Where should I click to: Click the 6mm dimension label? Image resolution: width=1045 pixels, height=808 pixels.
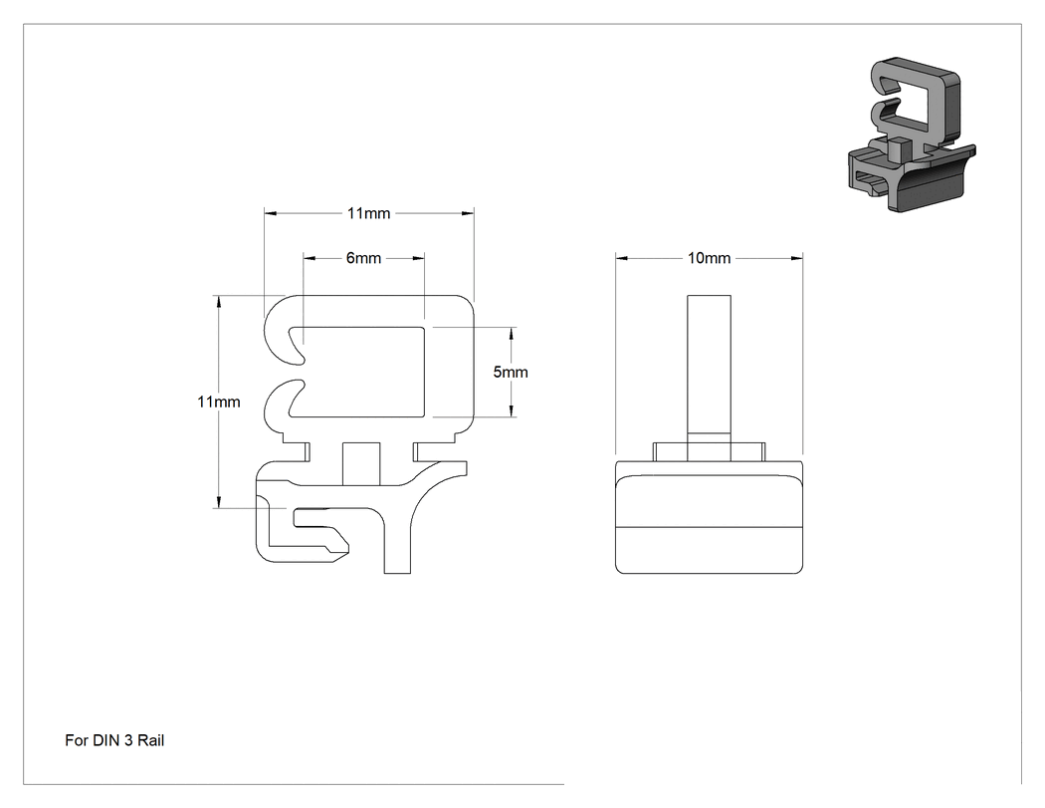click(363, 258)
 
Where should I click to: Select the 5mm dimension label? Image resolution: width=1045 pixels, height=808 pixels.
click(511, 373)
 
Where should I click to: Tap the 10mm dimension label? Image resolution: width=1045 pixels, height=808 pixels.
click(709, 258)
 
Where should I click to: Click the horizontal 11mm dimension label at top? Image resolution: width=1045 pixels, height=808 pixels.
click(368, 213)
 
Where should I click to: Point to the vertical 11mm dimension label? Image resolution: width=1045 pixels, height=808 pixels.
click(219, 402)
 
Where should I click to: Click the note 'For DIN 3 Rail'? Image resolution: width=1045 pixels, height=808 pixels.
click(114, 740)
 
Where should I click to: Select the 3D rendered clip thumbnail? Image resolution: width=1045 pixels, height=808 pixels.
click(912, 135)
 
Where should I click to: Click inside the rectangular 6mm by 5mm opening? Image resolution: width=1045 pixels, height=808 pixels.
click(358, 372)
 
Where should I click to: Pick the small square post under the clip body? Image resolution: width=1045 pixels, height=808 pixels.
click(361, 463)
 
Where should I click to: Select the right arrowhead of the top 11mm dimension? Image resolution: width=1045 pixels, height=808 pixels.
click(468, 213)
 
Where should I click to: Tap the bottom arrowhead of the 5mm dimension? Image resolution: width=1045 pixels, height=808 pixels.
click(512, 411)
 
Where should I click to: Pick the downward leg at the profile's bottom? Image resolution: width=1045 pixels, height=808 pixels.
click(397, 540)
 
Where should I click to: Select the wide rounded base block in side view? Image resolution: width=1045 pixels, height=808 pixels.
click(709, 517)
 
